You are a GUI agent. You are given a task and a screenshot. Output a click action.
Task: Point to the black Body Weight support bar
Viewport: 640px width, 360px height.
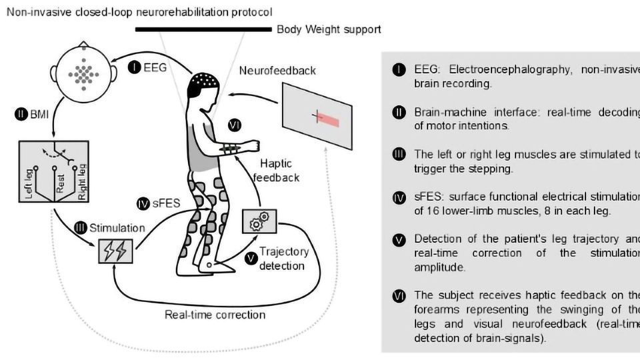click(x=203, y=29)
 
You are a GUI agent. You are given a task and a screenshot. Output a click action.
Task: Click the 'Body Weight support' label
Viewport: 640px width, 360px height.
click(x=329, y=29)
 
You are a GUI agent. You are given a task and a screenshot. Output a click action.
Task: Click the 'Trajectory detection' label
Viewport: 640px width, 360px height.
click(x=283, y=259)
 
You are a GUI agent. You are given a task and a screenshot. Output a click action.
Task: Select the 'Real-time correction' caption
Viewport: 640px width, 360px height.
click(x=215, y=315)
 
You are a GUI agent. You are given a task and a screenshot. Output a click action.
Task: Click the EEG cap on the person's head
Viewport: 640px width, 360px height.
click(x=203, y=83)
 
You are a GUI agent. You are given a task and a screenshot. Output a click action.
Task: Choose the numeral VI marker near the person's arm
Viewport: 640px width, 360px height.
click(x=233, y=125)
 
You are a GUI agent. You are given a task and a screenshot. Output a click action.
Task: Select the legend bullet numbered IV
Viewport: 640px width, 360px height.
click(x=399, y=197)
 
